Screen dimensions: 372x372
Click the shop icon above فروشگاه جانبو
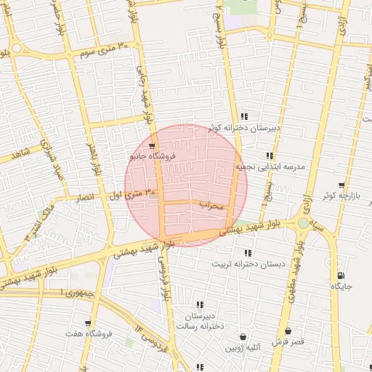(151, 145)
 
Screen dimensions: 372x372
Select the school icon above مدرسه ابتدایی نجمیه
(270, 155)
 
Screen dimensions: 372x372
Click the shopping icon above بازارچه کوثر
(341, 185)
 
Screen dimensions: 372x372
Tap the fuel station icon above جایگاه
(341, 275)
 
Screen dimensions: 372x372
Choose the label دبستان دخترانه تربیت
(247, 264)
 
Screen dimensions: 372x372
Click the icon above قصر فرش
(288, 331)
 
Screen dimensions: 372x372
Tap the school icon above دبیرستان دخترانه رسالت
(200, 305)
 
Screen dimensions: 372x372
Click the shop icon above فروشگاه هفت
(88, 323)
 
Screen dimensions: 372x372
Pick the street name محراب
(214, 206)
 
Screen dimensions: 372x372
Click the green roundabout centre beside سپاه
(303, 223)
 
